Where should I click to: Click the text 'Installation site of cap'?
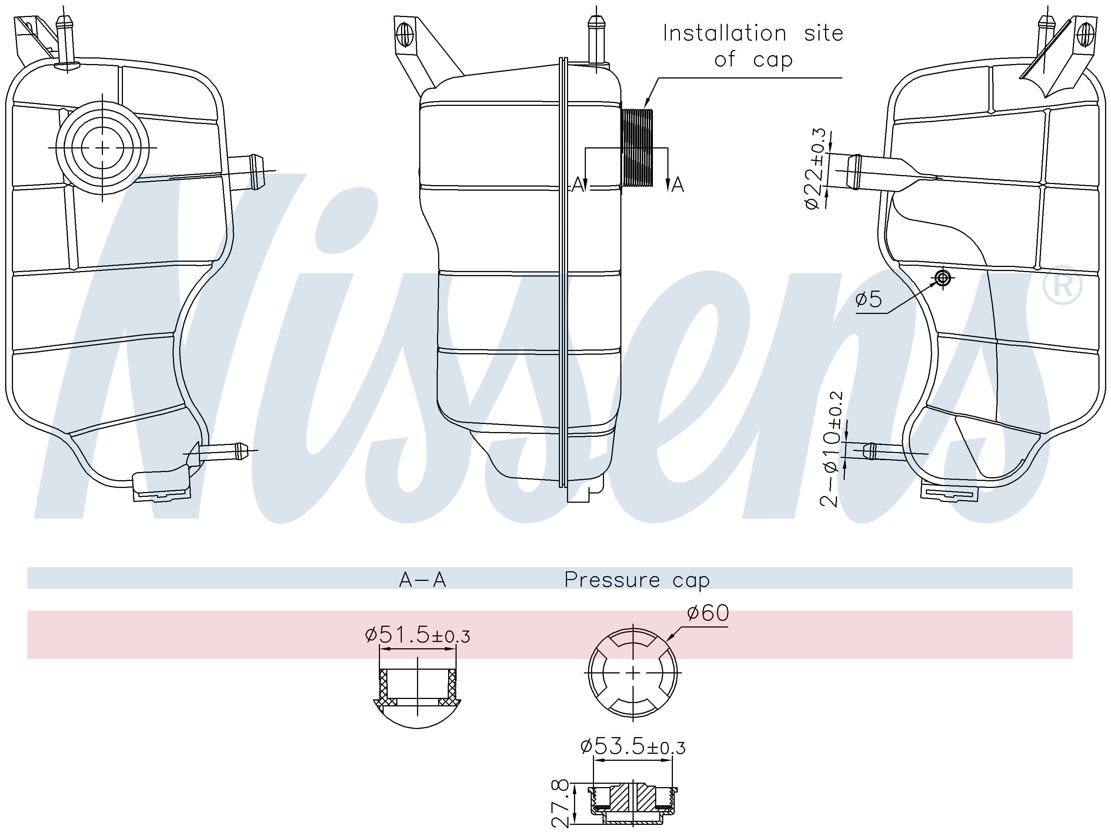point(753,46)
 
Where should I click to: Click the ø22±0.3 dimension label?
point(817,169)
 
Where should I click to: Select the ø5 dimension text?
point(868,299)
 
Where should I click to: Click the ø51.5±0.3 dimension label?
point(417,636)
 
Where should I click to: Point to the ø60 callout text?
point(708,613)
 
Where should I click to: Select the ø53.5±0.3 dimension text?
point(633,747)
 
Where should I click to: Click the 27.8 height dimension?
point(561,803)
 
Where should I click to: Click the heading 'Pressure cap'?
point(637,580)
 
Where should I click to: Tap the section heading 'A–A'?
point(423,580)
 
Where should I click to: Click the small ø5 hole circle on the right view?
point(943,278)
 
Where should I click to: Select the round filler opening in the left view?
point(103,148)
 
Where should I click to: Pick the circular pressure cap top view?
point(633,672)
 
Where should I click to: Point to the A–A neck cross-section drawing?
point(417,695)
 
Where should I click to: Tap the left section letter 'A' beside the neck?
point(578,185)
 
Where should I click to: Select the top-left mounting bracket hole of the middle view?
point(404,34)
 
